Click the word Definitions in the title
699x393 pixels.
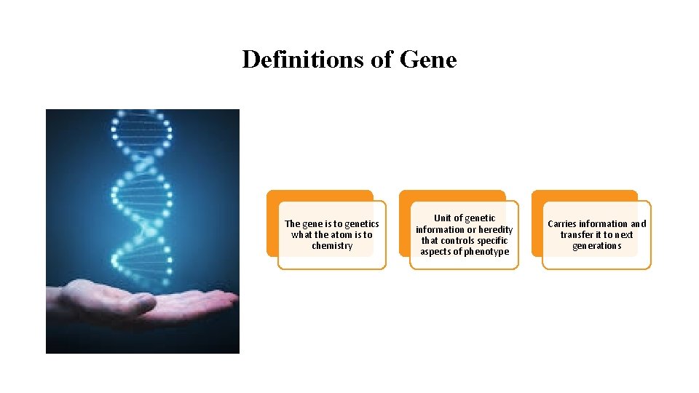click(x=304, y=60)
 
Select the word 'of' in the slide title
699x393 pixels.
click(x=382, y=60)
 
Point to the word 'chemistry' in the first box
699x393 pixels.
click(x=332, y=246)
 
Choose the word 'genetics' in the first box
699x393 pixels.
click(x=362, y=224)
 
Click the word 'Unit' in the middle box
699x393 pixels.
click(x=443, y=218)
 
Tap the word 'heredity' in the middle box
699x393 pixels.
click(x=495, y=230)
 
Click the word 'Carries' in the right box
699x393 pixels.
click(x=562, y=224)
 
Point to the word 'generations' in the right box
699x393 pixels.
click(x=597, y=246)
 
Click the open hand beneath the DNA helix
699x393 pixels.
click(x=146, y=302)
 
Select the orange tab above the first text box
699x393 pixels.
click(x=319, y=195)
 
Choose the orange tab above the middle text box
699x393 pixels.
click(x=451, y=195)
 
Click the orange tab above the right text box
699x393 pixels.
click(x=584, y=195)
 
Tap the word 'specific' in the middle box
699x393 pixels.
click(x=492, y=241)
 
